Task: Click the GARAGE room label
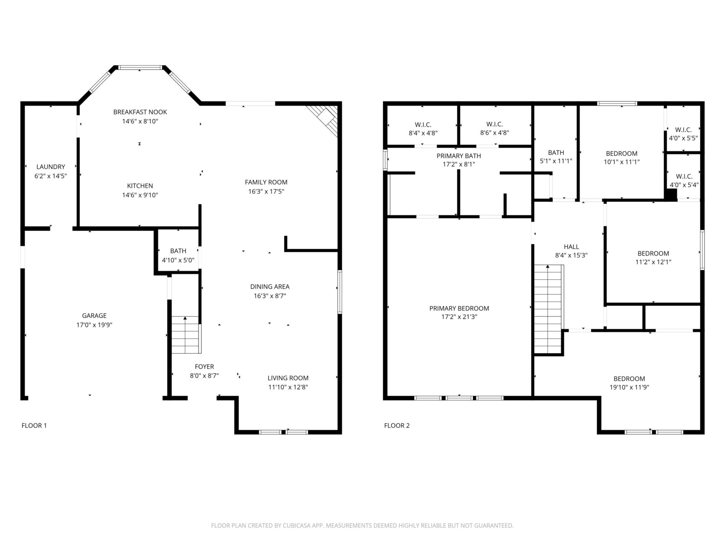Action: pyautogui.click(x=94, y=316)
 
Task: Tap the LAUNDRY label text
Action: pyautogui.click(x=51, y=167)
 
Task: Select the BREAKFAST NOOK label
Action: pyautogui.click(x=140, y=112)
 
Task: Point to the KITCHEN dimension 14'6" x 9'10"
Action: pyautogui.click(x=140, y=195)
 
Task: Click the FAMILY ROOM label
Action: pyautogui.click(x=266, y=182)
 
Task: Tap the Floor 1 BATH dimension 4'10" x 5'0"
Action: pyautogui.click(x=178, y=260)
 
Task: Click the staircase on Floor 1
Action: pyautogui.click(x=186, y=335)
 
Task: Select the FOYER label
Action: pyautogui.click(x=204, y=366)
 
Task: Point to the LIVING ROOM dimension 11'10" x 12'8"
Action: pyautogui.click(x=288, y=387)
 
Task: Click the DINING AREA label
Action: pyautogui.click(x=270, y=287)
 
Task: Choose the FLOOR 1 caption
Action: pyautogui.click(x=34, y=425)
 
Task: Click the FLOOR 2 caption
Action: pyautogui.click(x=396, y=425)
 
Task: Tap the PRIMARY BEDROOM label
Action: pyautogui.click(x=459, y=308)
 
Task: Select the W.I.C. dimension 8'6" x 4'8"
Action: pyautogui.click(x=494, y=133)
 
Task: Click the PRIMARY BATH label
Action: pyautogui.click(x=459, y=155)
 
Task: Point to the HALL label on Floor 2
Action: pyautogui.click(x=571, y=247)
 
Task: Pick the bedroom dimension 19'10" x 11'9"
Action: pyautogui.click(x=629, y=387)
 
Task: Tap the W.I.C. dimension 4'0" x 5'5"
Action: pyautogui.click(x=683, y=138)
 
